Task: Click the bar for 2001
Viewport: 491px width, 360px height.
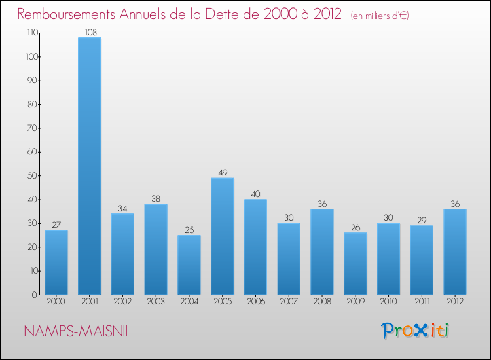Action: pos(89,166)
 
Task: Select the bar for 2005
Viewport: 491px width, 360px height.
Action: pos(223,236)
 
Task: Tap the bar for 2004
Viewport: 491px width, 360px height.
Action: pos(189,264)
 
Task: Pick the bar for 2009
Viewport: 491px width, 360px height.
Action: pos(355,263)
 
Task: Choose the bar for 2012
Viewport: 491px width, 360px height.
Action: pos(455,251)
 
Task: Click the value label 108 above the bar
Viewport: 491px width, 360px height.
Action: pos(90,31)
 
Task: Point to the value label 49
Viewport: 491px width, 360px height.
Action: pos(223,173)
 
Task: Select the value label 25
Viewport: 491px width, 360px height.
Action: pos(189,230)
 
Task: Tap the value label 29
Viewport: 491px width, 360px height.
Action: pos(422,220)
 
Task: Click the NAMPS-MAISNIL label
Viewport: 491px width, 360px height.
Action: pos(77,332)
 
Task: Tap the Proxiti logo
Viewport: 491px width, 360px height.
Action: pos(416,331)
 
